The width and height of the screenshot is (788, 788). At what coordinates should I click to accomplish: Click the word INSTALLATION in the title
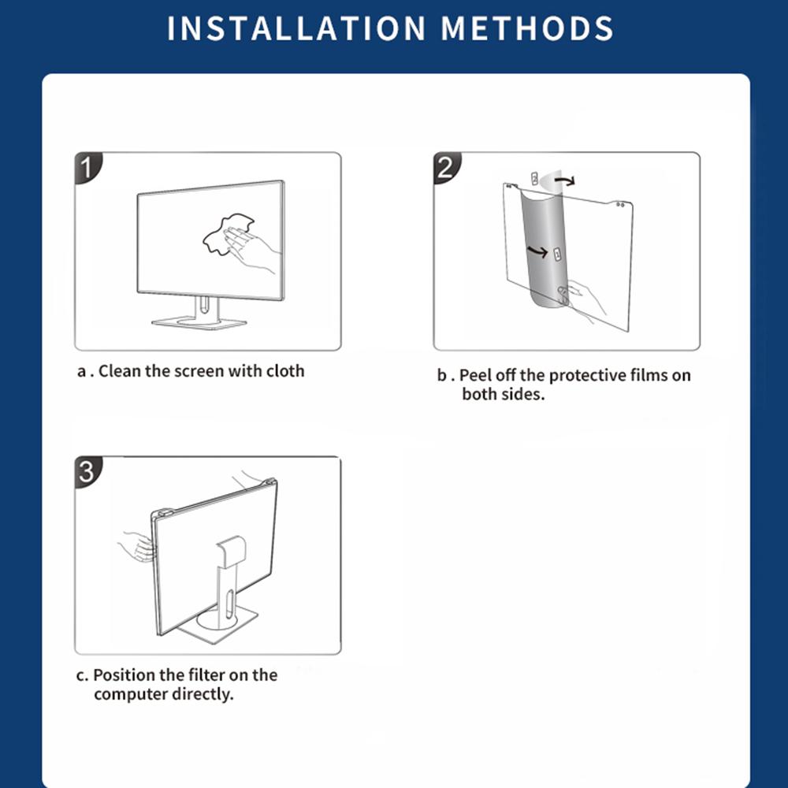click(296, 28)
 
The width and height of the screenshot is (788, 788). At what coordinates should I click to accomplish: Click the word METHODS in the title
click(527, 28)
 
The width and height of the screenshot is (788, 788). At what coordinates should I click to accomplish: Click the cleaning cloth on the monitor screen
click(221, 235)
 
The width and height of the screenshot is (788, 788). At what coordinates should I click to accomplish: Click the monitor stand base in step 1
click(199, 322)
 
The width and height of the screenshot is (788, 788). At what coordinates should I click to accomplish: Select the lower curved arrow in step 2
click(537, 251)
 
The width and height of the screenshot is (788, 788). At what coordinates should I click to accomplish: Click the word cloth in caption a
click(285, 371)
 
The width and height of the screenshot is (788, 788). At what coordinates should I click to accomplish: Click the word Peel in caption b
click(475, 375)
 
